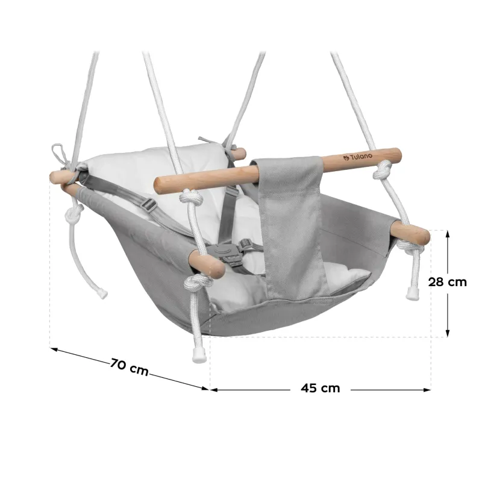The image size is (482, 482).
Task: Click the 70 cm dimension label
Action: [130, 366]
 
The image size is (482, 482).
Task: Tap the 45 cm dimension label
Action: [321, 388]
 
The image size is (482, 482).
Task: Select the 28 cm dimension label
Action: [447, 282]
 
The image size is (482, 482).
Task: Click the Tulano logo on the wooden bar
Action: [357, 157]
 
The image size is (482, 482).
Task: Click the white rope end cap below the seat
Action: [199, 355]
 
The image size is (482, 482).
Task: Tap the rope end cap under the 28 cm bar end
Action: [412, 293]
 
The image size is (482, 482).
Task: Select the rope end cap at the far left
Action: [101, 293]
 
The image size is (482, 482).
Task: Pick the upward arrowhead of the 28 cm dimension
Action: [448, 234]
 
